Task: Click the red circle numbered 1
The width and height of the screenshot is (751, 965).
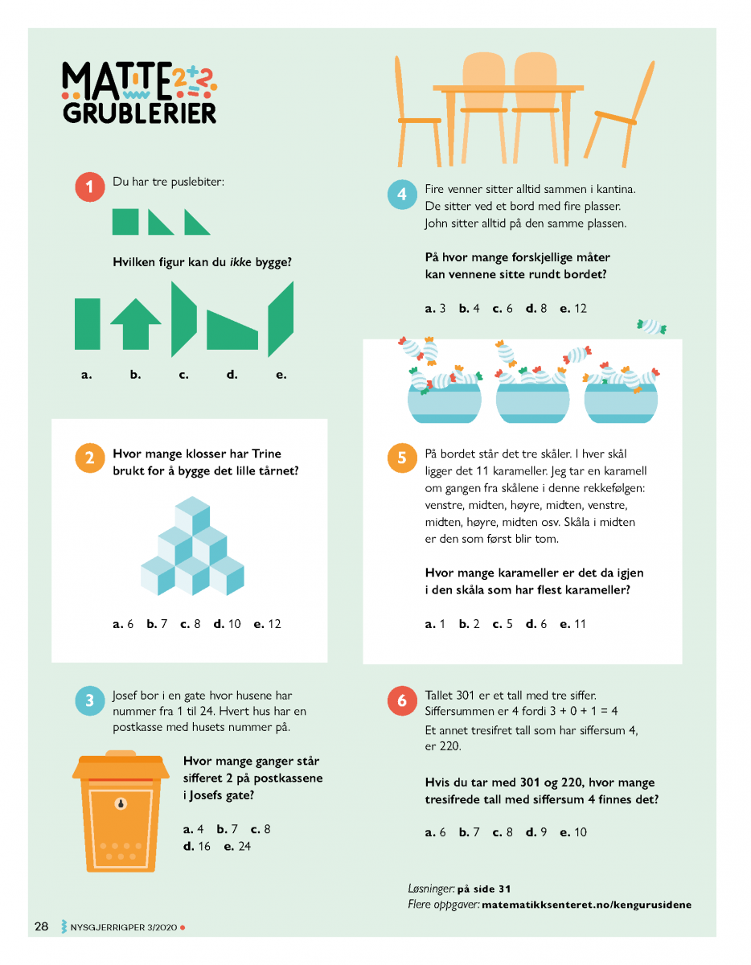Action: (90, 187)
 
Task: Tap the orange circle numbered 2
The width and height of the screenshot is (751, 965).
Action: (90, 458)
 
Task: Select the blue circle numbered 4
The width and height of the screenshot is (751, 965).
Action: (402, 195)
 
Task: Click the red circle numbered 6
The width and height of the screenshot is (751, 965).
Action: (402, 700)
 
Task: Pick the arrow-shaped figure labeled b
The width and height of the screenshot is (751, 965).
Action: (135, 324)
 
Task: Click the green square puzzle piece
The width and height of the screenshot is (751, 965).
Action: (125, 222)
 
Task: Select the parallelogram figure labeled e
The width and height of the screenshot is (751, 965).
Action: (281, 319)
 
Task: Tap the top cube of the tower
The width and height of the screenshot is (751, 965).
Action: (192, 514)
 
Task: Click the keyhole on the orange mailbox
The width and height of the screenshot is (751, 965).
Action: (121, 803)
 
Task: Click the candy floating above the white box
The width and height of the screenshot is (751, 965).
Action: (651, 326)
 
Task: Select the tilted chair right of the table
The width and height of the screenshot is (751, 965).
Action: (619, 114)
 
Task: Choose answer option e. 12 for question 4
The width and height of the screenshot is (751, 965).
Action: (573, 308)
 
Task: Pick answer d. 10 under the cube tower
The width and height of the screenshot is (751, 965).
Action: (227, 624)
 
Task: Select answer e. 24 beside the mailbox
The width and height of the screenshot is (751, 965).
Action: (237, 847)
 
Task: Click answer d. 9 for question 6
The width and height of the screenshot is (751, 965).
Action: (536, 832)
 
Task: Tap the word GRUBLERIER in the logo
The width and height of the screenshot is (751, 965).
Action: (139, 113)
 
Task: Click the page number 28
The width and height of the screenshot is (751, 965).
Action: (41, 926)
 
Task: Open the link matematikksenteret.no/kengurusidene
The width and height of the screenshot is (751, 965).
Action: (586, 905)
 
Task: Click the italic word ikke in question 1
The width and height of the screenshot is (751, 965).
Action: (240, 262)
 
